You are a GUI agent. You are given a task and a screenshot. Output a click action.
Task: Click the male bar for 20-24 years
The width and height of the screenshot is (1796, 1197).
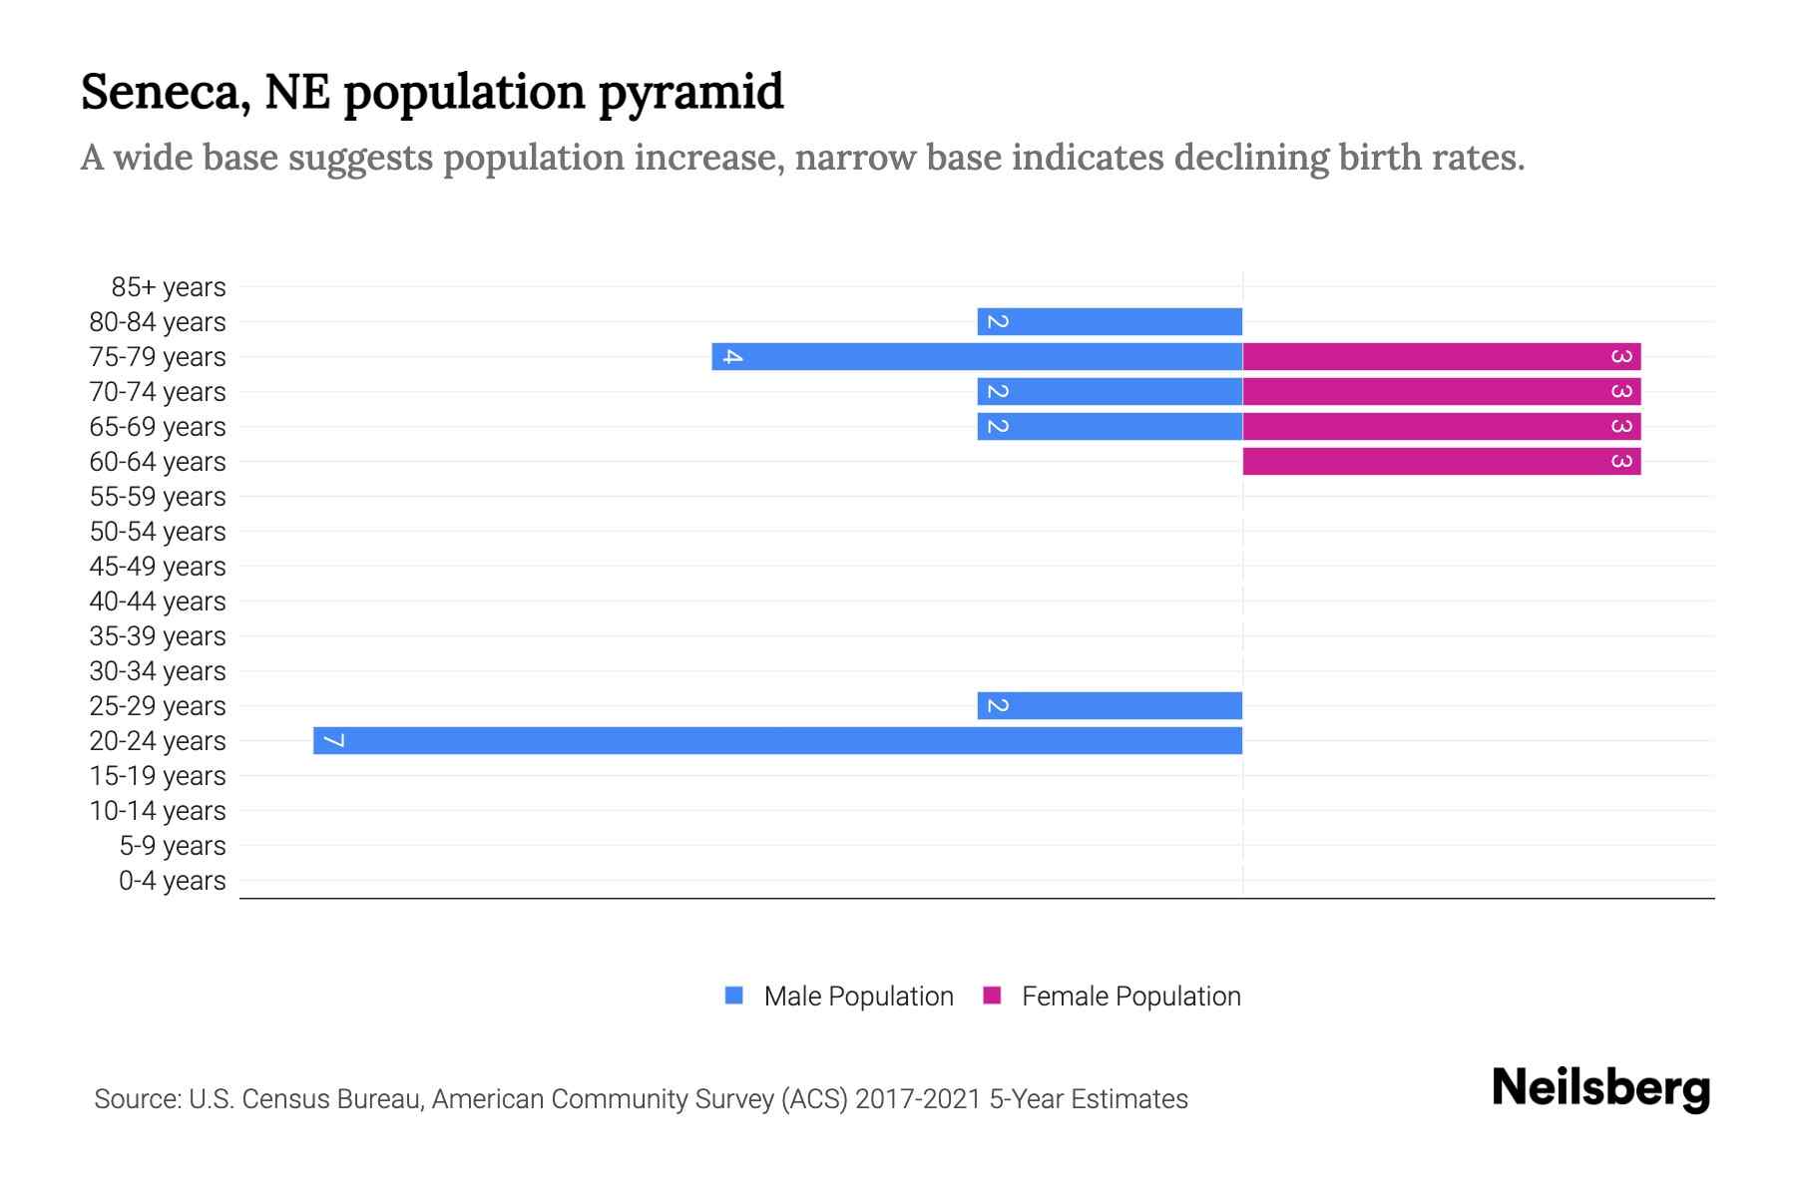click(778, 740)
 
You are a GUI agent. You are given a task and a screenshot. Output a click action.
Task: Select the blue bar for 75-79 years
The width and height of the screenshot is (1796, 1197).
click(978, 356)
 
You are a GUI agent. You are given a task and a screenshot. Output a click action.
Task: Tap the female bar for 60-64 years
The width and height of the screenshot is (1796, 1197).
click(1442, 461)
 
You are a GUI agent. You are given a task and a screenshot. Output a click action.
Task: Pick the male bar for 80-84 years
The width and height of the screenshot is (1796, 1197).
click(1110, 321)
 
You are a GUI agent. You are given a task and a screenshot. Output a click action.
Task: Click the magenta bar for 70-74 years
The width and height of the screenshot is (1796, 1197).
click(1442, 391)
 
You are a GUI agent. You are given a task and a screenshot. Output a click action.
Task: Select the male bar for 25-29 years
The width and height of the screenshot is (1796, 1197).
click(1110, 705)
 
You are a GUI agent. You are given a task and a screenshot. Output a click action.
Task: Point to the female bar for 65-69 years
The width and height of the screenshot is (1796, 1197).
click(1442, 426)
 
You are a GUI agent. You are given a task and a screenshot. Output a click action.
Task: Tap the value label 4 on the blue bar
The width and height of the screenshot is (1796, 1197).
click(732, 356)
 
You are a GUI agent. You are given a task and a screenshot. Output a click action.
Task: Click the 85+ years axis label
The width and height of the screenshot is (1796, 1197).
click(169, 287)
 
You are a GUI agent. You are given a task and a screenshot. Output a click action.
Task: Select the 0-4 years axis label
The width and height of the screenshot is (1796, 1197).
click(172, 881)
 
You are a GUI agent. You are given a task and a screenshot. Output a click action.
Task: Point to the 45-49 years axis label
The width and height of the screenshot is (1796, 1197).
click(158, 567)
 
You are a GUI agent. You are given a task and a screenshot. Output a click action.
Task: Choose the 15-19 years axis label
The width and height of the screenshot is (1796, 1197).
click(158, 776)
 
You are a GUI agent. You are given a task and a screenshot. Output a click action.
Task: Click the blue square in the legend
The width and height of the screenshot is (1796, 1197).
click(734, 996)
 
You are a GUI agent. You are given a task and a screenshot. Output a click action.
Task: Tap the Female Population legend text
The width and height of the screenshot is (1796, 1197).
click(1130, 997)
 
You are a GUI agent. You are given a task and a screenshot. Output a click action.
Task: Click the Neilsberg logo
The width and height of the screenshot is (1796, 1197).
click(1600, 1088)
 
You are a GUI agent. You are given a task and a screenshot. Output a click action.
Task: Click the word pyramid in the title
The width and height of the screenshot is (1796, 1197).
click(690, 94)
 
